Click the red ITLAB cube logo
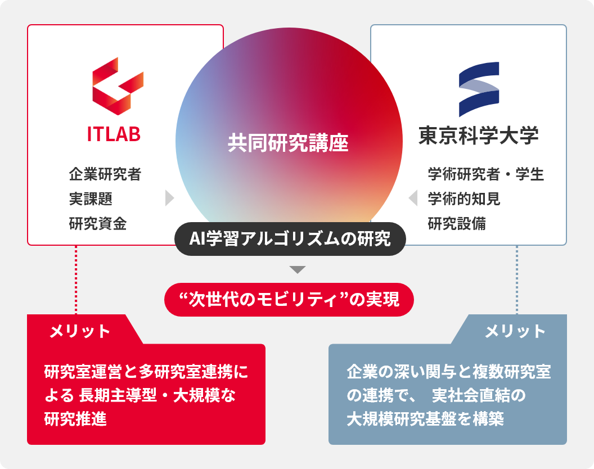(x=118, y=86)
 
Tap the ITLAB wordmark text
(x=114, y=134)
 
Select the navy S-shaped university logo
(x=479, y=89)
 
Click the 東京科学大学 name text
(x=479, y=135)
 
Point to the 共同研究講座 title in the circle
(x=288, y=143)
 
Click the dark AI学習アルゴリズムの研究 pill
(x=290, y=238)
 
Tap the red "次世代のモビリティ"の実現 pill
(x=289, y=300)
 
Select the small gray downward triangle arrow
(x=298, y=269)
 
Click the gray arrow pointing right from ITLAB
(x=170, y=198)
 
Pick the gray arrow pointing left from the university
(x=413, y=198)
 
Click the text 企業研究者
(x=105, y=174)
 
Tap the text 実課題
(x=91, y=199)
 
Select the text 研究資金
(x=98, y=223)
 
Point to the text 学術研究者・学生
(x=486, y=174)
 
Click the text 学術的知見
(x=464, y=199)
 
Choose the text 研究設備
(x=457, y=223)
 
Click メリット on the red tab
(x=80, y=331)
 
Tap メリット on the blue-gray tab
(x=515, y=331)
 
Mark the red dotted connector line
(x=76, y=280)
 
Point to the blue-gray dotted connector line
(x=517, y=280)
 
